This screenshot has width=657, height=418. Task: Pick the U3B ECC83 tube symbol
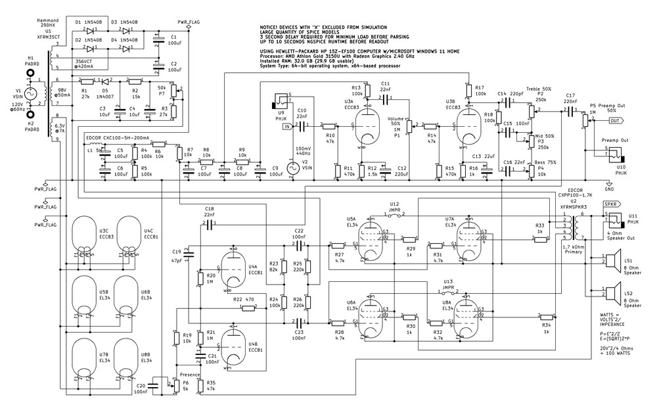(x=468, y=124)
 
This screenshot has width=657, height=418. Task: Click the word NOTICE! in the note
(x=273, y=29)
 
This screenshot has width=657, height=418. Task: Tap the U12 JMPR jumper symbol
(x=394, y=214)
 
